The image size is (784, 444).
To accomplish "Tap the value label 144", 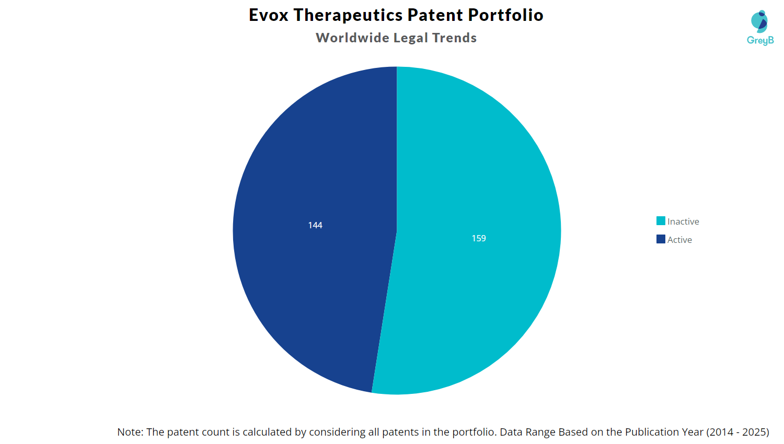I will coord(315,225).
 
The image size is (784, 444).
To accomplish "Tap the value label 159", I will coord(479,238).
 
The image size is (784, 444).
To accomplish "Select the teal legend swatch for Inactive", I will coord(661,221).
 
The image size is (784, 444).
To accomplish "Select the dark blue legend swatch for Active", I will coord(661,239).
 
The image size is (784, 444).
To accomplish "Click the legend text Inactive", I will coord(683,221).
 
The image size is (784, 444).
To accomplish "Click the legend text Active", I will coord(679,240).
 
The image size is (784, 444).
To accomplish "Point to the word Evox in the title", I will coord(269,15).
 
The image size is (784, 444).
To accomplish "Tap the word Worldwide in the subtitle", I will coord(352,38).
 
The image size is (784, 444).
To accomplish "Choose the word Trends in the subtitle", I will coord(454,38).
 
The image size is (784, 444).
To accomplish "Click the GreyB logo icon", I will coord(759,21).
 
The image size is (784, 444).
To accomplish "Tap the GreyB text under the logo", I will coord(760,40).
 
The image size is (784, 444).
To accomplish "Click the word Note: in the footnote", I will coord(130,432).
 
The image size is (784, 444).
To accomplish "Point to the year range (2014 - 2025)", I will coord(737,432).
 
